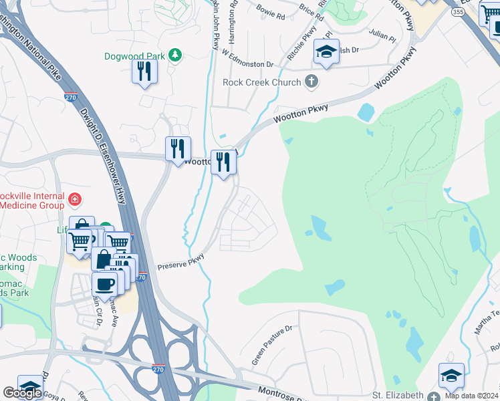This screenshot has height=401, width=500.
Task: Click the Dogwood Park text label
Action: coord(135,56)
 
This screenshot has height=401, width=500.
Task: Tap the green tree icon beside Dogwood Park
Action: coord(175,55)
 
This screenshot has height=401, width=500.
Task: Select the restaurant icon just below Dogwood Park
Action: coord(144,71)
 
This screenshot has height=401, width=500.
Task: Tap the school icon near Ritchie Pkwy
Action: coord(326,51)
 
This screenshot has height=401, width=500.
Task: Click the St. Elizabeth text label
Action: coord(398,395)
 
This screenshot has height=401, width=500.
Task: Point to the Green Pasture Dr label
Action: coord(272,346)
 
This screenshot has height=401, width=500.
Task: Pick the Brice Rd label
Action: coord(310,9)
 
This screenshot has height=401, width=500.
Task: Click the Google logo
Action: coord(23,393)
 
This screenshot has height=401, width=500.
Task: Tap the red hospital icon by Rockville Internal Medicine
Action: coord(75,198)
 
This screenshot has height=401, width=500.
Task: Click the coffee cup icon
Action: coord(104,283)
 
